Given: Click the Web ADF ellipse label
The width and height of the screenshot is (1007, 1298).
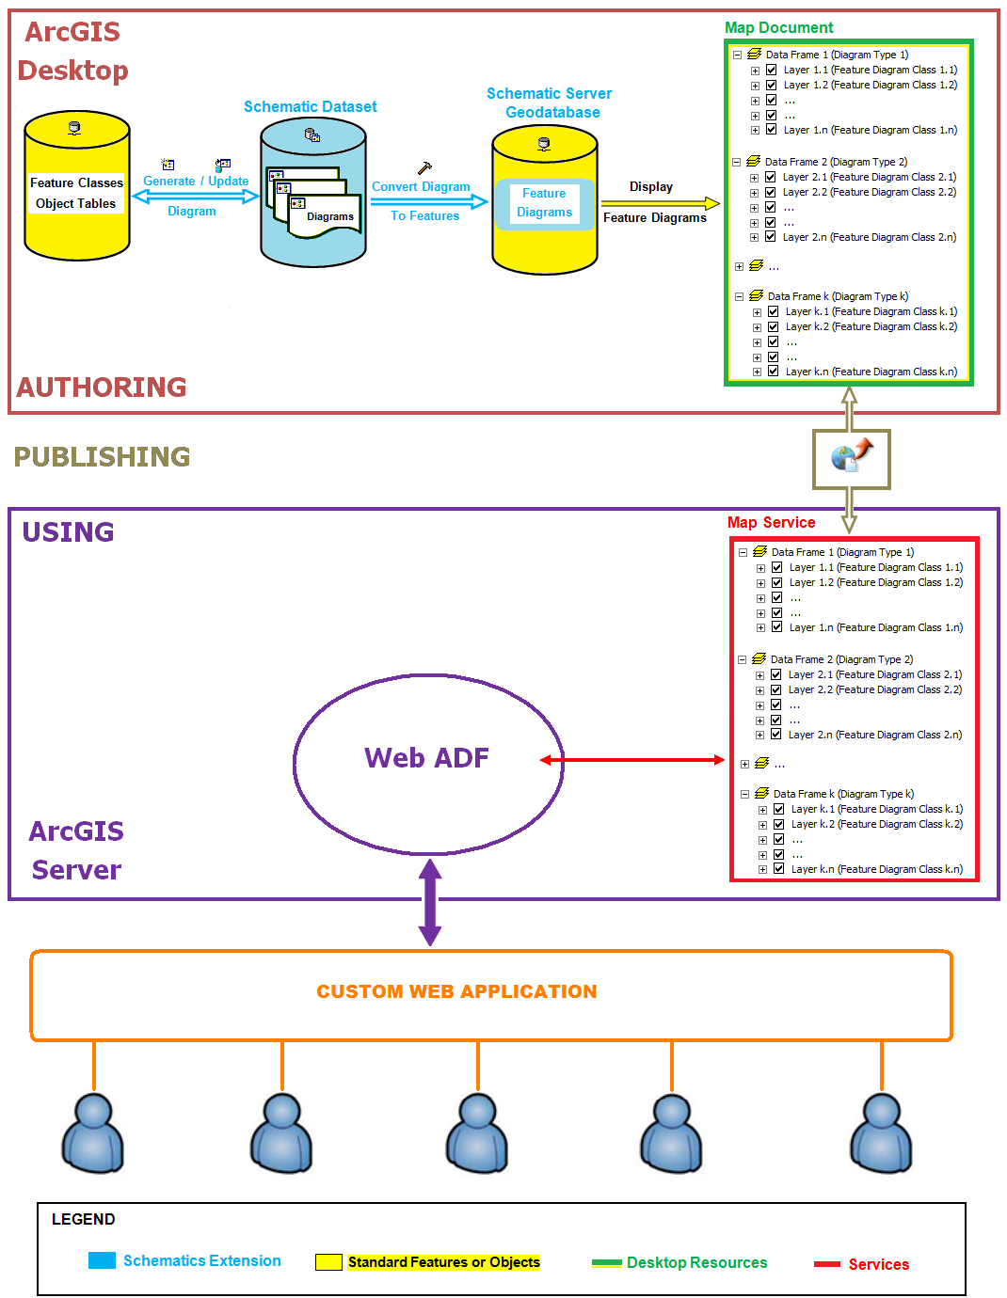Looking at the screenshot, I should tap(426, 758).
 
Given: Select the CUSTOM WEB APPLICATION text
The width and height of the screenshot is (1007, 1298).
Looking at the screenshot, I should tap(456, 991).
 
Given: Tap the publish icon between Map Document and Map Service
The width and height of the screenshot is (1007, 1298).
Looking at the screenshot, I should tap(852, 458).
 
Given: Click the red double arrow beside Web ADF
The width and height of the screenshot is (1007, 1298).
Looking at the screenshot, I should tap(631, 760).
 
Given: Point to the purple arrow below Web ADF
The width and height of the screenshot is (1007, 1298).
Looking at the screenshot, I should tap(430, 902).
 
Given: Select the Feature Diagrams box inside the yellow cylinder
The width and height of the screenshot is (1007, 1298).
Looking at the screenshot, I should tap(544, 203).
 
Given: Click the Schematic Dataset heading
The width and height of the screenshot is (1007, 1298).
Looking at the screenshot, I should tap(310, 107).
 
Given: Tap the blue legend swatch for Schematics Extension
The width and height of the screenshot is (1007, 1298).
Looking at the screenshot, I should tap(102, 1260).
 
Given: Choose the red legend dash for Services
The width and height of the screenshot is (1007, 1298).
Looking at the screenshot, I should tap(826, 1264).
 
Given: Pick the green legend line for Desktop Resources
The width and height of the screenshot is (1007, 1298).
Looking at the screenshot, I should tap(606, 1263).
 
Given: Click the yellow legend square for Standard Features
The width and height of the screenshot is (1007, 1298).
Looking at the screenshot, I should tap(328, 1262).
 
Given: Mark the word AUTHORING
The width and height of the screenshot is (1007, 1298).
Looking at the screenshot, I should tap(102, 387).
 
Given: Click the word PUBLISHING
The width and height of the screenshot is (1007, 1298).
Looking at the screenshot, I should tap(102, 457).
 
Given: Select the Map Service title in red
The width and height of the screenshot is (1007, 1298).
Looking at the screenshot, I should tap(771, 523).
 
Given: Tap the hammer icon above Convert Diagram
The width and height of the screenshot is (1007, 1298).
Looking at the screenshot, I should tap(424, 168).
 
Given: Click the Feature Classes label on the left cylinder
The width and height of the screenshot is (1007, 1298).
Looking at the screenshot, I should tap(76, 183).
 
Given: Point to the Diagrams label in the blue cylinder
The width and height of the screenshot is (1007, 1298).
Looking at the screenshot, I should tap(329, 216).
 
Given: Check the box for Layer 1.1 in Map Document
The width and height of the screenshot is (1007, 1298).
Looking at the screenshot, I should tap(771, 70).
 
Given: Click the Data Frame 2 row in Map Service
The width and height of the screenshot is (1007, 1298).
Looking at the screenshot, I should tap(840, 659).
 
